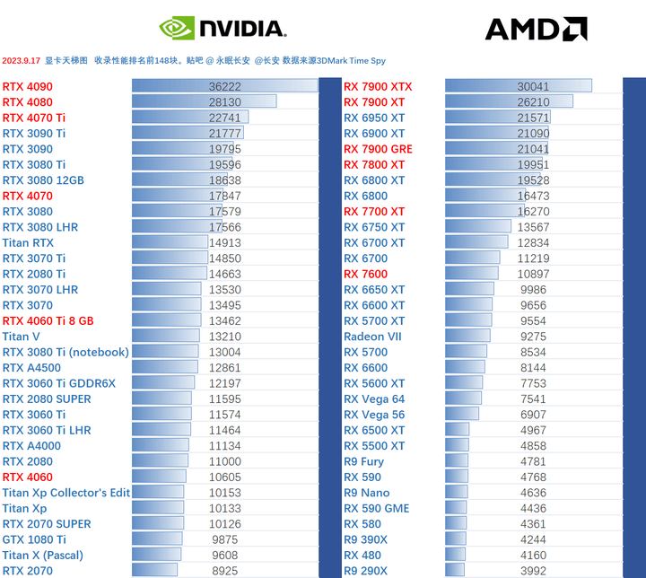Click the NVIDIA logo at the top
pos(223,28)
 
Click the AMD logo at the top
pos(536,29)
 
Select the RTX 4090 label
pos(27,87)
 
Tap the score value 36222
pos(224,87)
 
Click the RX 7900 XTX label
pos(378,87)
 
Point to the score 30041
pos(533,87)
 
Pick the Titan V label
pos(21,337)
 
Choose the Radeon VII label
pos(373,337)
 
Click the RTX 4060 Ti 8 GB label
pos(48,321)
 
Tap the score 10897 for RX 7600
pos(533,274)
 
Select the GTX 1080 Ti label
pos(34,539)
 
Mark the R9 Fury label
pos(363,461)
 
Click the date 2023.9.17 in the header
pos(22,61)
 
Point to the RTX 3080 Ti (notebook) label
pos(65,353)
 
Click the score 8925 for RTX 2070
pos(224,571)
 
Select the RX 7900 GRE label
pos(378,149)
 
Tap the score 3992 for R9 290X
pos(533,571)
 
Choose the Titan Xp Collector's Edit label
pos(66,493)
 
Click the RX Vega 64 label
pos(374,399)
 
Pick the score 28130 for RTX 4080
pos(224,102)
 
